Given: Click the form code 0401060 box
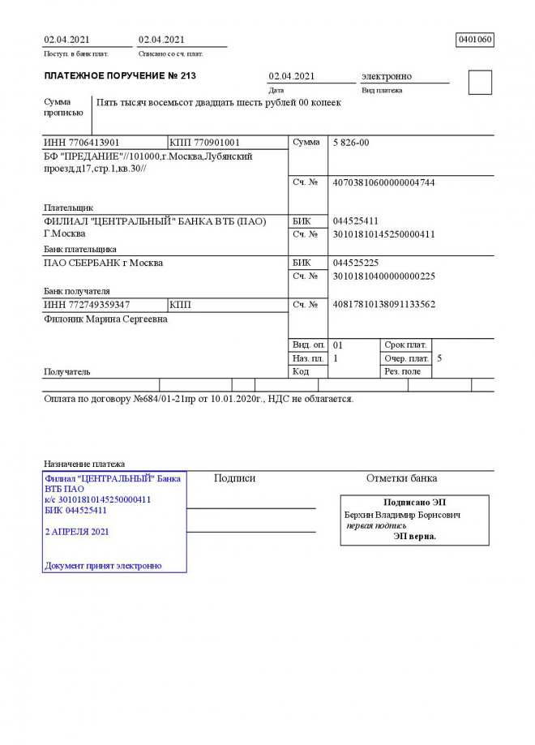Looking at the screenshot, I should pos(475,40).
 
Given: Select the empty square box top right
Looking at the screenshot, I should pos(480,83).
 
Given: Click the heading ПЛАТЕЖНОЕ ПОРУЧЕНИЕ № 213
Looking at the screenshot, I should pos(120,76).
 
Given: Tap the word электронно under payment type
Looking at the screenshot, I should pos(386,76).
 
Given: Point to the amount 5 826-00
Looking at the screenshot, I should pos(351,143).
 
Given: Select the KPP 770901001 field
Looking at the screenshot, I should pos(205,143).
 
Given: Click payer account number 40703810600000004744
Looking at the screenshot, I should pos(383,183).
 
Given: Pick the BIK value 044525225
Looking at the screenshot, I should pos(356,263).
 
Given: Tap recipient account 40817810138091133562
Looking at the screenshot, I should pos(383,305).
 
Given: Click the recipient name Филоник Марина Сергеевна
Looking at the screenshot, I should pos(105,319).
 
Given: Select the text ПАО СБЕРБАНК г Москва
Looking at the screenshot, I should pos(103,263).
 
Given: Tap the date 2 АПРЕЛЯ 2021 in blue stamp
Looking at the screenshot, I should pos(77,532).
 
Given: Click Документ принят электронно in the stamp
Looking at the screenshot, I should pos(103,566).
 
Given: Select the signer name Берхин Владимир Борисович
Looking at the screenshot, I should pos(402,515).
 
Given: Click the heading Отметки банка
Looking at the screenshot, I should pos(401,478).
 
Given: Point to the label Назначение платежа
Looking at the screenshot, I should pos(84,464).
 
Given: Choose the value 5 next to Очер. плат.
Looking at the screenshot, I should pos(439,358).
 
